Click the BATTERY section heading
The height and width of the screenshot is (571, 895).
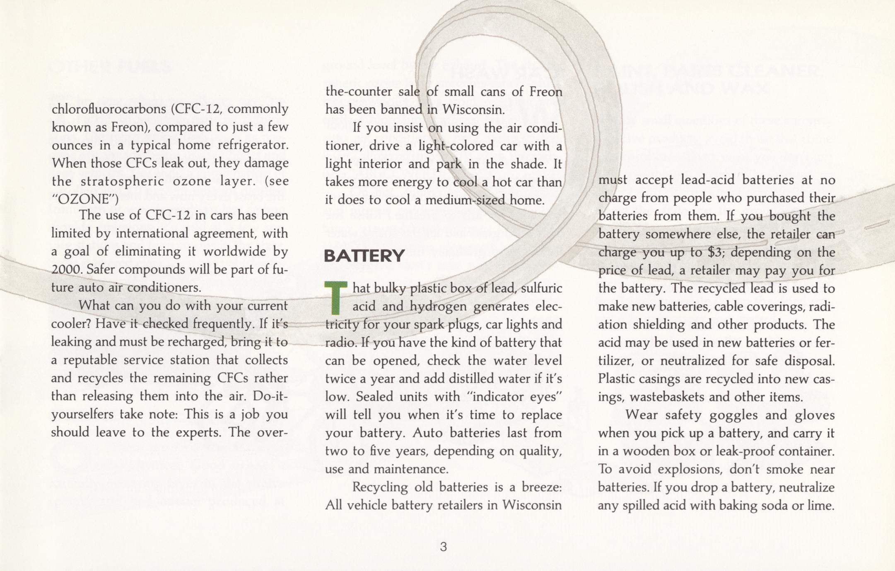pyautogui.click(x=364, y=256)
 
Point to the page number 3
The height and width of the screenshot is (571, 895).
pyautogui.click(x=443, y=547)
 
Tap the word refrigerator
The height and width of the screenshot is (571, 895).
pyautogui.click(x=253, y=145)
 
